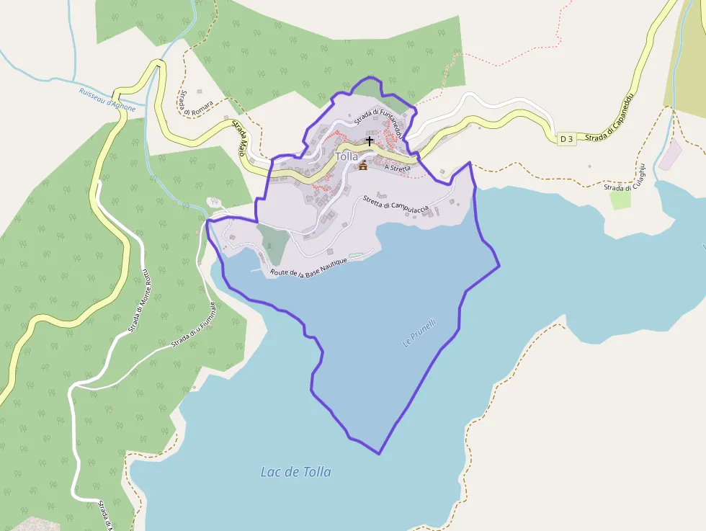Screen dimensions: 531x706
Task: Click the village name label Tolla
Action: [x=347, y=156]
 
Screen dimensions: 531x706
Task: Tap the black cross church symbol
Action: [x=370, y=141]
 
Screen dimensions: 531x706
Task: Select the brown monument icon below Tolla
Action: [x=362, y=166]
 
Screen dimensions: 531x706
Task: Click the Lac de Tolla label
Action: [x=296, y=472]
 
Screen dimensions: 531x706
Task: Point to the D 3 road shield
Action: [x=567, y=138]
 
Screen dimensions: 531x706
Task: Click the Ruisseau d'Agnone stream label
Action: [x=107, y=99]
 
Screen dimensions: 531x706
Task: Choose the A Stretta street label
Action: [x=397, y=168]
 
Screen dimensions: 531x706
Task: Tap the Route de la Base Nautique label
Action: [x=308, y=267]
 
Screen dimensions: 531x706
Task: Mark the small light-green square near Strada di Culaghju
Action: [x=621, y=200]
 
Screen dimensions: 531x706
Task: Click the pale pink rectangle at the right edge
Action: [x=669, y=155]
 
